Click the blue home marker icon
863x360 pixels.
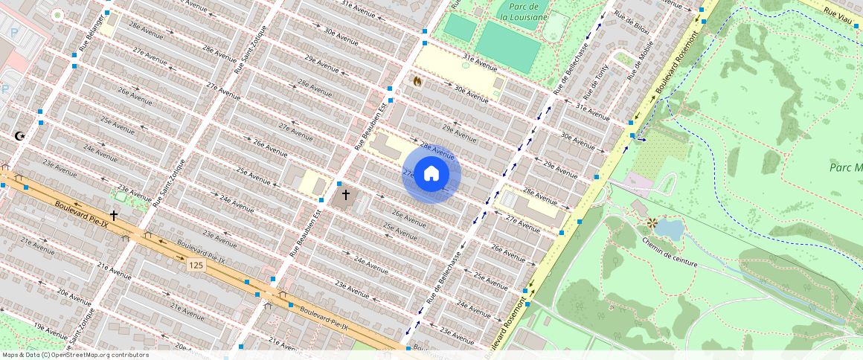[431, 174]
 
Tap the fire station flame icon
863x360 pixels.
[417, 80]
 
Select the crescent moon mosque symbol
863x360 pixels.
[20, 136]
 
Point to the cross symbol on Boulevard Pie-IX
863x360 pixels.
[114, 215]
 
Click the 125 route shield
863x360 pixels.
[196, 266]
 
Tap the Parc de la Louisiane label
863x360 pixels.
[523, 11]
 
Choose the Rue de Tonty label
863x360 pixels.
[597, 80]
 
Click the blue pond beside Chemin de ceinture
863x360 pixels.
[669, 229]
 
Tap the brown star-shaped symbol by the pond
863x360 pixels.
[652, 222]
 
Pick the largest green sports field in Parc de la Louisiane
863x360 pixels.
[508, 45]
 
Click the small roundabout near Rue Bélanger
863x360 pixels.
[58, 14]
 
